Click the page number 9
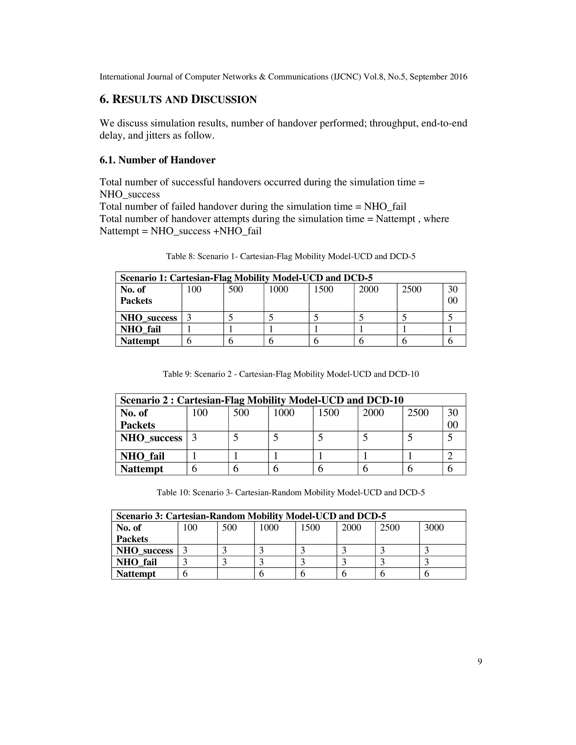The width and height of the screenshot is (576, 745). click(480, 662)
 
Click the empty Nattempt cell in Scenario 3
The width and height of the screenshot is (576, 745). click(235, 574)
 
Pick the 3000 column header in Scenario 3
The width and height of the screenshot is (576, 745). click(434, 528)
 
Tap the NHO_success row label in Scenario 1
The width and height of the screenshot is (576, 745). click(148, 318)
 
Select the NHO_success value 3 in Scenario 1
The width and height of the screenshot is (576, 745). click(189, 318)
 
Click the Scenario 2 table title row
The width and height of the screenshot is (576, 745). click(262, 400)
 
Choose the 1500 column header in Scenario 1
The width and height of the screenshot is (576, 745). click(323, 290)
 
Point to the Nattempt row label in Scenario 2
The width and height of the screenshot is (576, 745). click(142, 469)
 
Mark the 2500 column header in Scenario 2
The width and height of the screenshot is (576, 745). click(418, 413)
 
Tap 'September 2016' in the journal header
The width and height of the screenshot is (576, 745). click(438, 77)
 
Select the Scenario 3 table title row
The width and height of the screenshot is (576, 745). click(251, 516)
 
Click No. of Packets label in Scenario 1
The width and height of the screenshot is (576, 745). click(136, 295)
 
